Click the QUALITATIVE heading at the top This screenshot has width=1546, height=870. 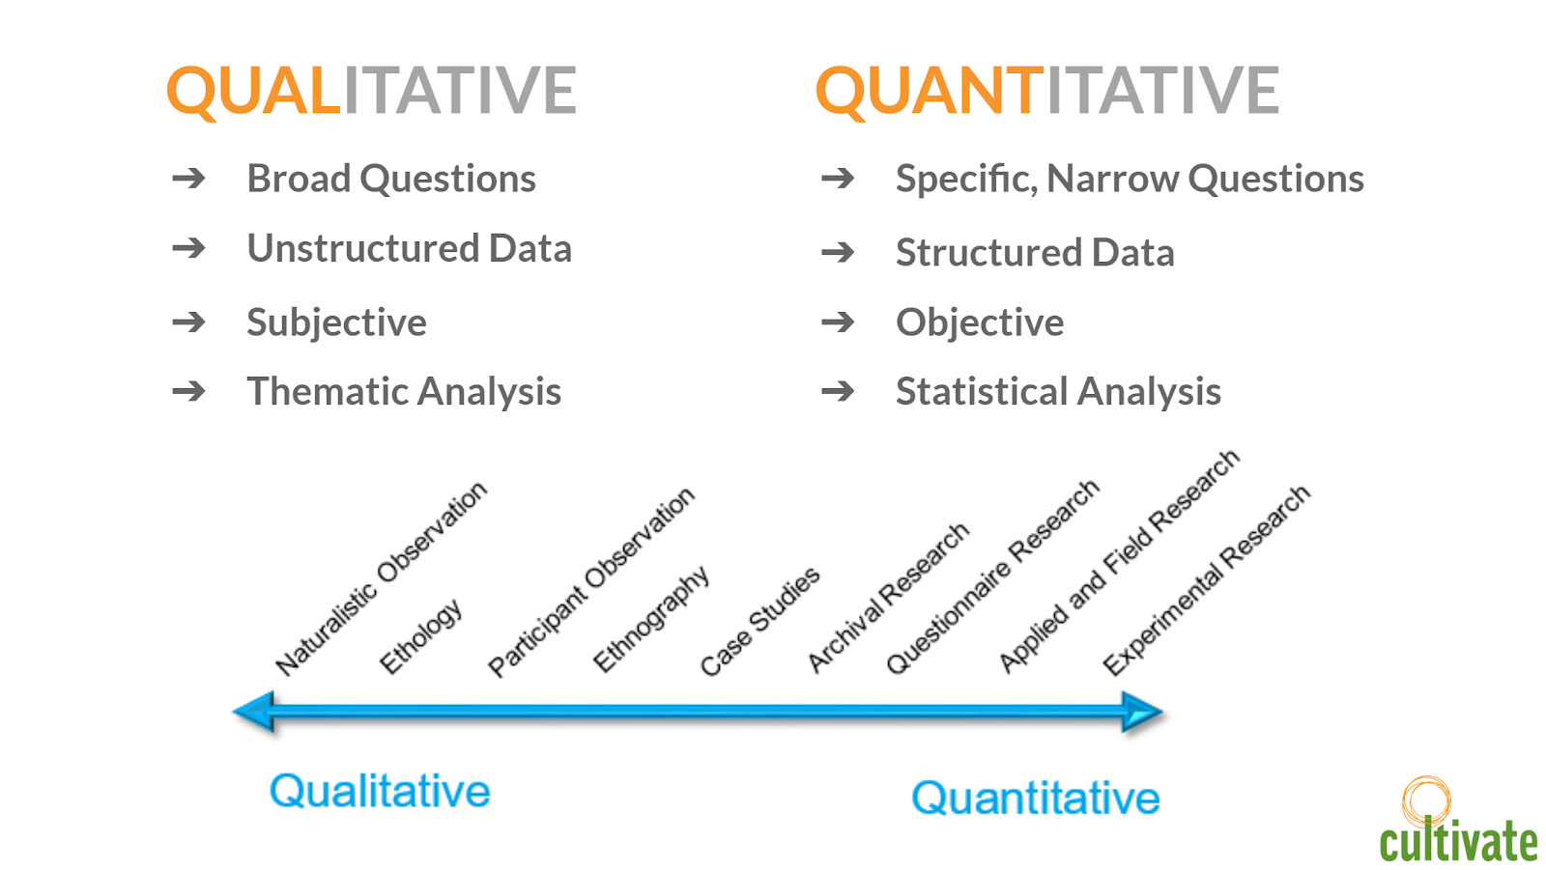click(371, 91)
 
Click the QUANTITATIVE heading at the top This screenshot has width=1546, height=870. click(1047, 91)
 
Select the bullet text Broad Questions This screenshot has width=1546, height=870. click(391, 179)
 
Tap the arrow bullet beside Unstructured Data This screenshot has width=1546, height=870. click(188, 248)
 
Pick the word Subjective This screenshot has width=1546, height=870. click(337, 323)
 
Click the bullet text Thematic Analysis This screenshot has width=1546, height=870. click(405, 391)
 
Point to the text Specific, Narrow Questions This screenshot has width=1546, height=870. click(1130, 179)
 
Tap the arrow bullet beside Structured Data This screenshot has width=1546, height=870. click(838, 253)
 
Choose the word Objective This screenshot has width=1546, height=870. click(980, 323)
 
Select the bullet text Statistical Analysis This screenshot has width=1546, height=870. click(1059, 391)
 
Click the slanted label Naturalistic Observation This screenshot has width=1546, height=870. click(381, 578)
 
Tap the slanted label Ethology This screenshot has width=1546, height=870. click(420, 636)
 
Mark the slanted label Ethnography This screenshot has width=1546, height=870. click(651, 619)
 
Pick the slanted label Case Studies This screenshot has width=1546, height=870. click(759, 621)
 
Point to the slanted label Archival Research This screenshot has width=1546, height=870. click(888, 597)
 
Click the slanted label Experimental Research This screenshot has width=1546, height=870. click(1206, 580)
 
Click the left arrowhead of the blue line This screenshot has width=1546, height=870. click(254, 712)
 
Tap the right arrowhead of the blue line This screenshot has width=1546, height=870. click(1143, 712)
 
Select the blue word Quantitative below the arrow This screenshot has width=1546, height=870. click(1035, 799)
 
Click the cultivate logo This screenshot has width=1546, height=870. click(1458, 821)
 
